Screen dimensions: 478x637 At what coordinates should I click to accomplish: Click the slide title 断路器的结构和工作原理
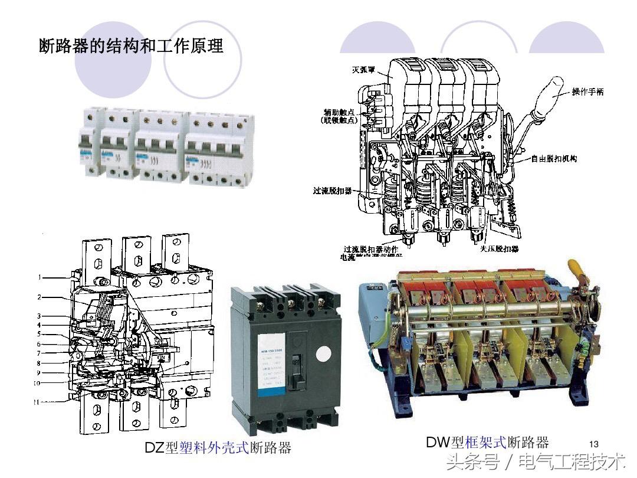pyautogui.click(x=131, y=45)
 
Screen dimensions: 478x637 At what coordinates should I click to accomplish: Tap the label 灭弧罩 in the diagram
pyautogui.click(x=364, y=70)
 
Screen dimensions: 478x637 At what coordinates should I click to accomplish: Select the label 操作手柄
pyautogui.click(x=587, y=92)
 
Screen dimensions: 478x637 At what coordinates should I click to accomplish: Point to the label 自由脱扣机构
pyautogui.click(x=553, y=159)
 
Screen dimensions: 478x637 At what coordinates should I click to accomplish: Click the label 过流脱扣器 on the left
pyautogui.click(x=332, y=191)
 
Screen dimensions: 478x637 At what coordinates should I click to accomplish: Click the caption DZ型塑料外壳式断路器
pyautogui.click(x=218, y=447)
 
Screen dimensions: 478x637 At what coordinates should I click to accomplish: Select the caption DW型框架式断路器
pyautogui.click(x=487, y=442)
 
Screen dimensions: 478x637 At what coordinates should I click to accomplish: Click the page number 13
pyautogui.click(x=593, y=444)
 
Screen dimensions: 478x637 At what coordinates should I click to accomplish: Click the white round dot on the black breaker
pyautogui.click(x=324, y=353)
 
